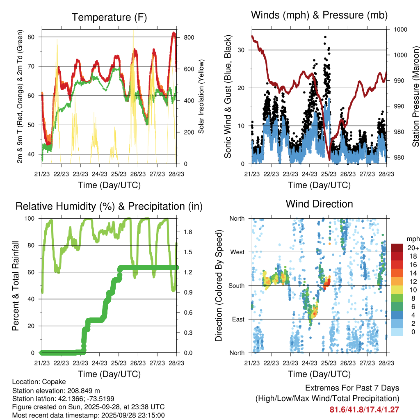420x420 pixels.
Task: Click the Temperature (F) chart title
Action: [x=109, y=17]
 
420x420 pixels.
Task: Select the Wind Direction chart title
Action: [x=319, y=204]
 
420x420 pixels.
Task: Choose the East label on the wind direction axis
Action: [x=237, y=319]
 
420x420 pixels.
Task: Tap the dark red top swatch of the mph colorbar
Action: [x=397, y=248]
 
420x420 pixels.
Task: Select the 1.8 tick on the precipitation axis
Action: [x=188, y=232]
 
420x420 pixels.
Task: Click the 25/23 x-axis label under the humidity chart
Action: [x=119, y=363]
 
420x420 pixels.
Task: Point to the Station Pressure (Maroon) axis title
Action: [x=415, y=97]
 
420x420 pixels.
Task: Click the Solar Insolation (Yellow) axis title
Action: [x=201, y=97]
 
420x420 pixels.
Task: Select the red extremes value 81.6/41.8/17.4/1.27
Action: [x=364, y=409]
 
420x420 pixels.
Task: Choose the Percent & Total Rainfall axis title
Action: [x=16, y=286]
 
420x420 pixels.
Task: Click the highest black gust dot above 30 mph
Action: [x=325, y=37]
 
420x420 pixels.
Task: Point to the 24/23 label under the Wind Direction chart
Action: [x=309, y=363]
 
